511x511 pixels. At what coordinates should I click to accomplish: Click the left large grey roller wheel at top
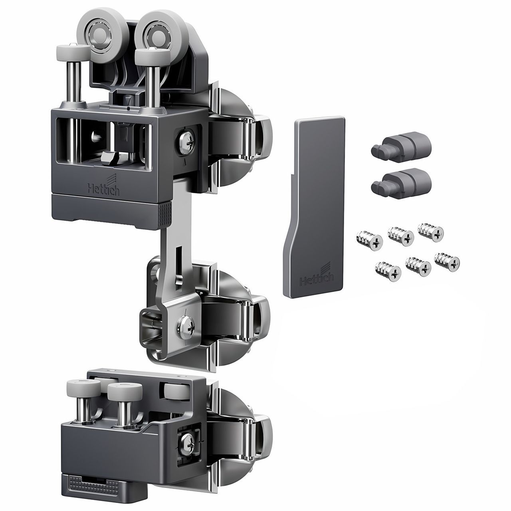[x=97, y=35]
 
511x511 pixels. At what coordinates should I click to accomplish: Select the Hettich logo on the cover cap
[x=317, y=276]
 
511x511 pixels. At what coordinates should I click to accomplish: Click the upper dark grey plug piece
[x=400, y=144]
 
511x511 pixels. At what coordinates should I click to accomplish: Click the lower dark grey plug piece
[x=401, y=181]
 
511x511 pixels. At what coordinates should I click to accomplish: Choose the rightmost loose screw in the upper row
[x=430, y=232]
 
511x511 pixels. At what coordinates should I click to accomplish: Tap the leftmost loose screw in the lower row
[x=388, y=271]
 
